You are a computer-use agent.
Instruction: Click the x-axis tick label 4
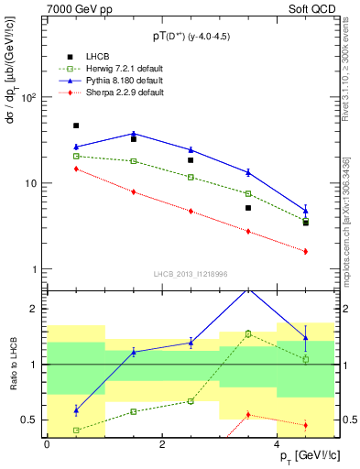276,444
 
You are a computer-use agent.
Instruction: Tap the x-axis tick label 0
47,444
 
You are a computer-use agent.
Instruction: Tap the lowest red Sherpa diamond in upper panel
306,251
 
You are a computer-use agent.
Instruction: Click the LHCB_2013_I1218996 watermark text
191,274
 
